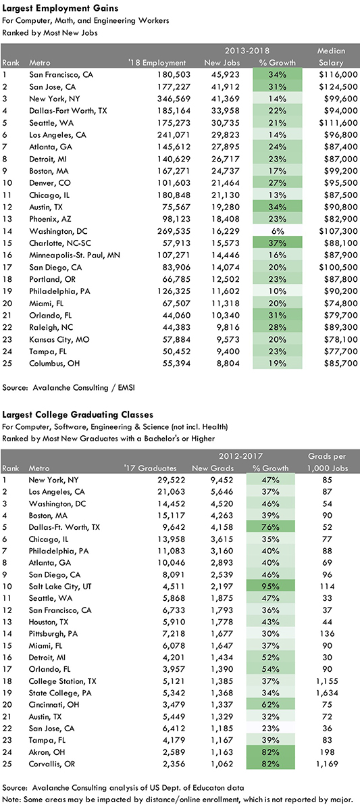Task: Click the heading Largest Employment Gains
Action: coord(60,8)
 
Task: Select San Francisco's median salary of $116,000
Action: coord(338,74)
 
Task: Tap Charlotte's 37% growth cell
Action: coord(277,243)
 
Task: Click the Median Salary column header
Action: coord(331,57)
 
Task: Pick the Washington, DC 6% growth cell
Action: coord(277,231)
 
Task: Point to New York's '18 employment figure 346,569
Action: coord(174,99)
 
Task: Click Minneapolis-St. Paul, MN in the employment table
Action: coord(74,255)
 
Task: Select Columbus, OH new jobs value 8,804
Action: coord(228,363)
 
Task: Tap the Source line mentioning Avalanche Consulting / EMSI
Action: coord(68,387)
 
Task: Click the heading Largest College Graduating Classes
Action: coord(78,414)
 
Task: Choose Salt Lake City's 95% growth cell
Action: coord(271,586)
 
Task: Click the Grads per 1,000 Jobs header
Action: coord(327,462)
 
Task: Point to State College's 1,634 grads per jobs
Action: coord(327,693)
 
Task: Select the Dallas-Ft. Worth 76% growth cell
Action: coord(271,527)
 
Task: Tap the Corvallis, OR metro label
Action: coord(52,764)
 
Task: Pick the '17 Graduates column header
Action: coord(150,468)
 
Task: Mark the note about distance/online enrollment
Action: coord(177,800)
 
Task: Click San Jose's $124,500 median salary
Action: coord(338,87)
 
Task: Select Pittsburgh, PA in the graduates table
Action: coord(53,634)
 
